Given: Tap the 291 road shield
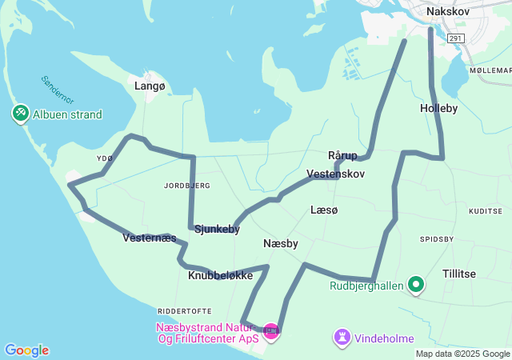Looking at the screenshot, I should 455,38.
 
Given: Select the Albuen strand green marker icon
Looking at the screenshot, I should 20,114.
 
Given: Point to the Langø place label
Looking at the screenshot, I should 150,86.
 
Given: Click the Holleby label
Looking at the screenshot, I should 438,107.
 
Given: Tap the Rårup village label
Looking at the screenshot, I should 342,154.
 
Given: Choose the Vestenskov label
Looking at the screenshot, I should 335,174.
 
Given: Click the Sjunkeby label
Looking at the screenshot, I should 217,229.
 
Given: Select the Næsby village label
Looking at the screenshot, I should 280,243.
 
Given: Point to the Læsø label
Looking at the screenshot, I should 324,210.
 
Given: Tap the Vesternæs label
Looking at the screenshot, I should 150,238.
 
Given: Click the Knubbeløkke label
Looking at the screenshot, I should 220,275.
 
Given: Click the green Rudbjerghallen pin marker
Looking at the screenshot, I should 416,284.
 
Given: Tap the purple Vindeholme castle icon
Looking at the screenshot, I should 342,337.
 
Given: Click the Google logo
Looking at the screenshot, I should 26,350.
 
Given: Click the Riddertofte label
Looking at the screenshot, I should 185,310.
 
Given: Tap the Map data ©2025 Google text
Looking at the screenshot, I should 462,354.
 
